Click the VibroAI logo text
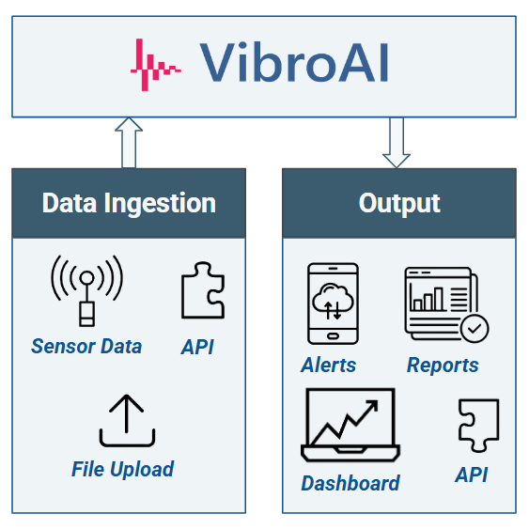tap(294, 63)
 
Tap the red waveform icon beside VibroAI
tap(155, 66)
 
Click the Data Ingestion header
tap(129, 203)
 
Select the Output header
tap(399, 203)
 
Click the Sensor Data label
tap(86, 346)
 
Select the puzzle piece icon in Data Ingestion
tap(202, 292)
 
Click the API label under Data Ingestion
tap(197, 347)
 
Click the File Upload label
tap(122, 469)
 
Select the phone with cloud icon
tap(333, 303)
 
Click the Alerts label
tap(329, 365)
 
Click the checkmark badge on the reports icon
tap(475, 329)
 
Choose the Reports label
tap(443, 365)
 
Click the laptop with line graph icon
tap(350, 426)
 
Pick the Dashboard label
tap(350, 483)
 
